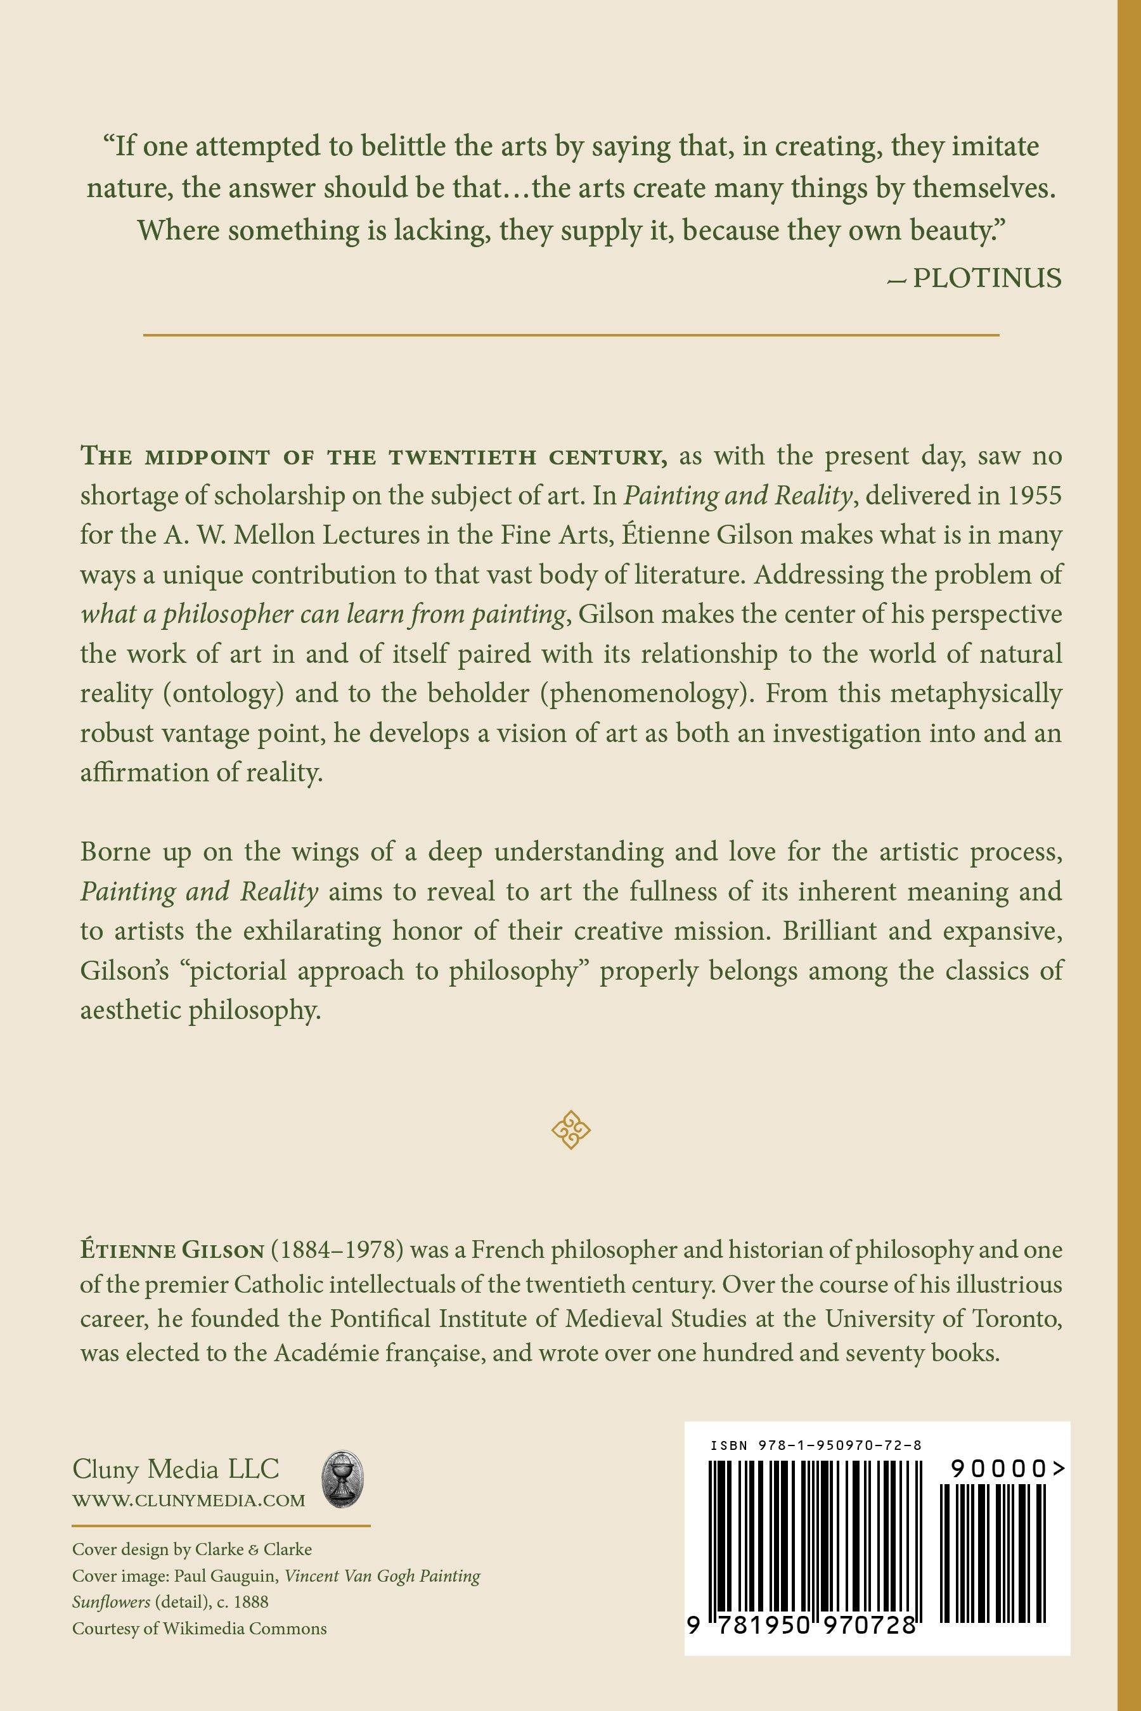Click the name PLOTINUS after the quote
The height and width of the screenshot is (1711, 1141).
(987, 278)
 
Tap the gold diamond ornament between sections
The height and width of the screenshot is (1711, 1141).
(570, 1130)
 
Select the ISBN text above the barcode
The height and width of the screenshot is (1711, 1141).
(816, 1445)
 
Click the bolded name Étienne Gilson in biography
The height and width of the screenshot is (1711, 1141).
(172, 1250)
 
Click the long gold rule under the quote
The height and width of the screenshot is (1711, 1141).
(570, 335)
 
